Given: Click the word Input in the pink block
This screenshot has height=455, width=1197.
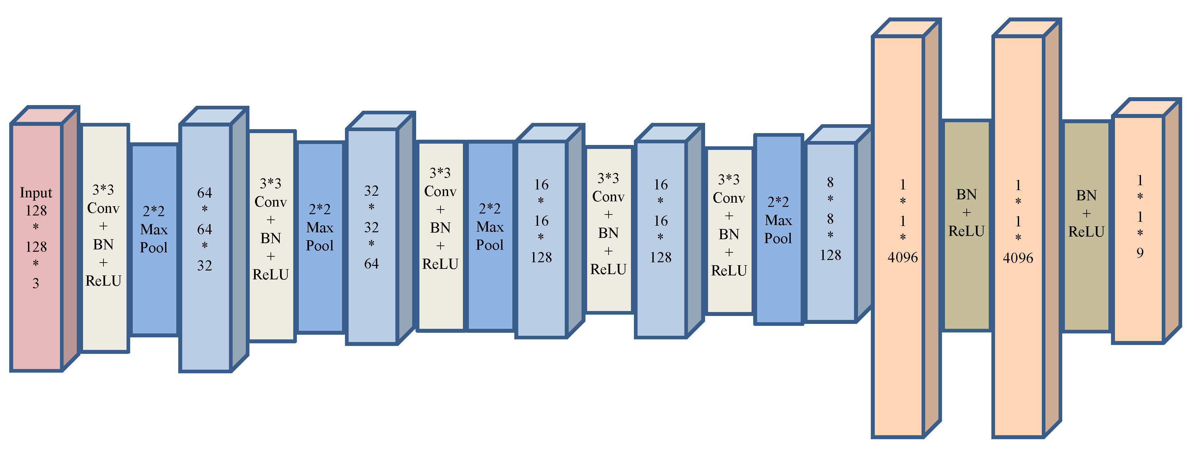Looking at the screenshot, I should pos(36,193).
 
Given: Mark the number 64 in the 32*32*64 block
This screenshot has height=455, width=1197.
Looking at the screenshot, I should pos(371,264).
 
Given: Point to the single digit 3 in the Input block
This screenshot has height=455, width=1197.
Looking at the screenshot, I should pos(36,283).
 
